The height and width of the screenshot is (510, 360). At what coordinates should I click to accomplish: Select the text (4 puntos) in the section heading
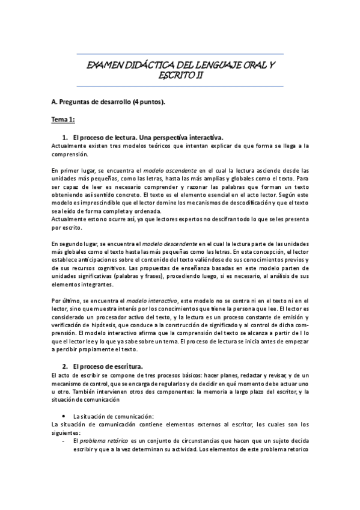click(x=145, y=102)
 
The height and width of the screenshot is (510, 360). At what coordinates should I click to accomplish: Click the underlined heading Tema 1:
click(x=63, y=120)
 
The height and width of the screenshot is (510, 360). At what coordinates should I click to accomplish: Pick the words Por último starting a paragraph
click(x=64, y=300)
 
